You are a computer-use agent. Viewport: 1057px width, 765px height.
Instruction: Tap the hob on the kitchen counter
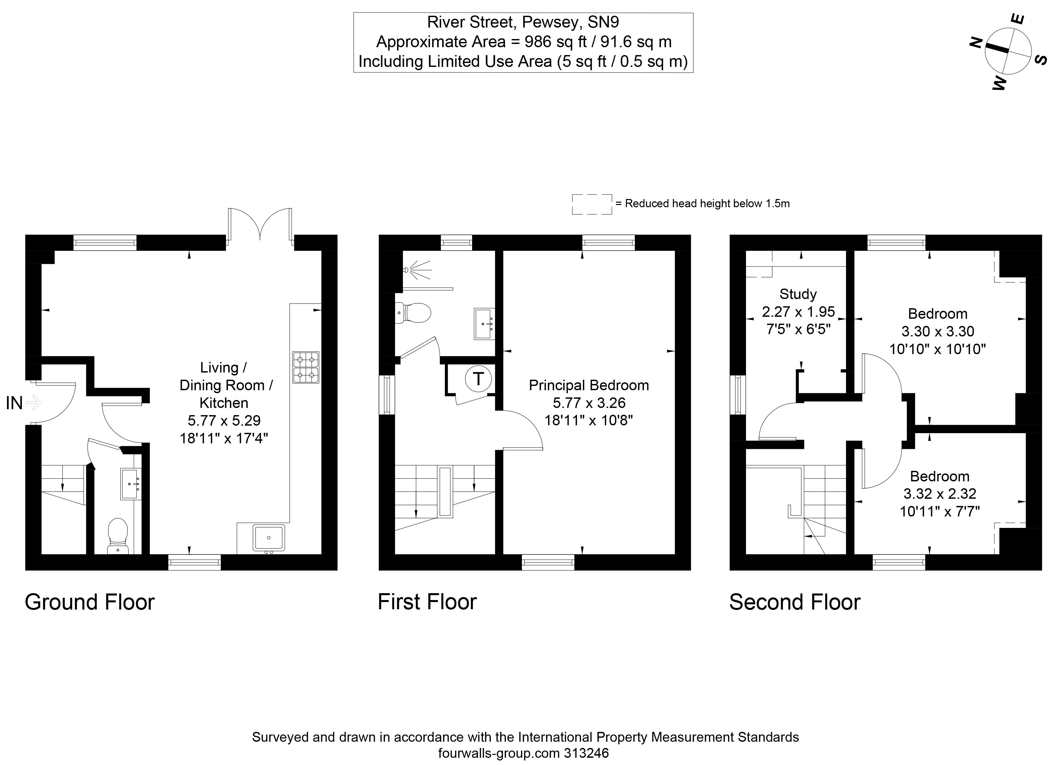pos(306,367)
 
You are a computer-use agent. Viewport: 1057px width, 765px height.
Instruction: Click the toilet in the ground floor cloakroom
pos(118,536)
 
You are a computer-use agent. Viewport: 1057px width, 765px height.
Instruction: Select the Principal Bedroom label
pos(589,385)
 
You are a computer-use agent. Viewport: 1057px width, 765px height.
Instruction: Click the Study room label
pos(798,294)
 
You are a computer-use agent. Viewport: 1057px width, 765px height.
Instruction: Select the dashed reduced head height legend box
pos(592,204)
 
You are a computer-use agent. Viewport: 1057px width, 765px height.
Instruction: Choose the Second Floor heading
pos(795,602)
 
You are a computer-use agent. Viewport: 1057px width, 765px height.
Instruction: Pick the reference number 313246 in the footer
pos(586,753)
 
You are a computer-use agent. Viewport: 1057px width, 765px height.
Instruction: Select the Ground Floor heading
pos(90,602)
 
